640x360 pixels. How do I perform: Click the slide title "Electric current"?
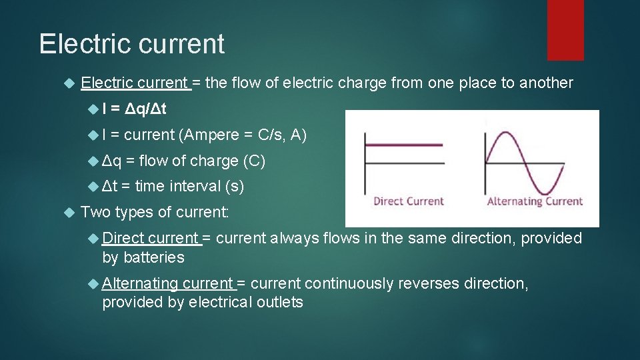point(132,44)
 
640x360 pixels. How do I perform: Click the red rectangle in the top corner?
point(565,30)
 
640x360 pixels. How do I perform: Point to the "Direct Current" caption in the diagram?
point(408,201)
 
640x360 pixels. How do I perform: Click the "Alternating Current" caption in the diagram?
point(535,201)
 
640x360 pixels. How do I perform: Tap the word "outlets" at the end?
point(281,302)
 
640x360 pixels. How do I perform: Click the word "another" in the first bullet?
point(546,83)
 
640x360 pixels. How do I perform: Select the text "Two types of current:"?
point(155,212)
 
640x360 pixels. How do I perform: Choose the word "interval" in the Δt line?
point(195,186)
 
